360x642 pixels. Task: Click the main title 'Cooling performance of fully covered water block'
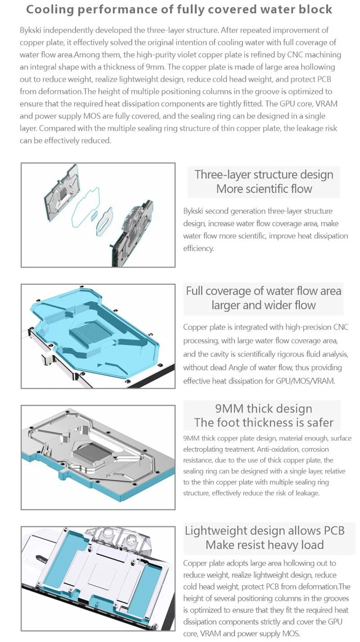coord(180,9)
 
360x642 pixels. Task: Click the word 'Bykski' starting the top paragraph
coord(30,30)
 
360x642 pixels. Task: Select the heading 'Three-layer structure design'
coord(264,174)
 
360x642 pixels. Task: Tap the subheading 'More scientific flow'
coord(264,189)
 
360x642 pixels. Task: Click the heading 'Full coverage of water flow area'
coord(263,291)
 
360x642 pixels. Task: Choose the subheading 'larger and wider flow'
coord(263,305)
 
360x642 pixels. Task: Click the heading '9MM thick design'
coord(263,408)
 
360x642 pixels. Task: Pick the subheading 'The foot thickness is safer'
coord(263,422)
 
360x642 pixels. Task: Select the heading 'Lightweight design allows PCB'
coord(264,531)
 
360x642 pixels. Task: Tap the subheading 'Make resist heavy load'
coord(264,545)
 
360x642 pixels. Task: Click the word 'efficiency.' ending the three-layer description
coord(198,249)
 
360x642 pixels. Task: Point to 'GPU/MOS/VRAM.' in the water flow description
coord(308,380)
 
